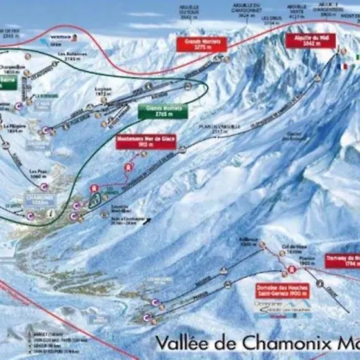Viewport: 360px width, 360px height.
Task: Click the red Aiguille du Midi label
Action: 312,40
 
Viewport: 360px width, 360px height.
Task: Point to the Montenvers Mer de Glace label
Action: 146,141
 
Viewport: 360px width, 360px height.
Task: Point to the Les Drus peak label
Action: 271,17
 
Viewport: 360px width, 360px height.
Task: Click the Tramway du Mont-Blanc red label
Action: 342,261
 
